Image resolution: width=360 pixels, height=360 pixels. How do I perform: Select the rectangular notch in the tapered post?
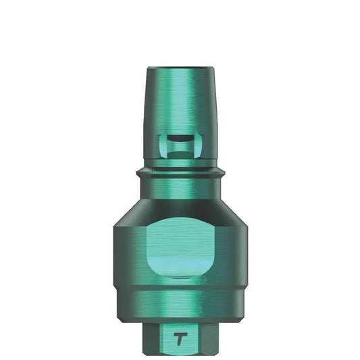tap(180, 143)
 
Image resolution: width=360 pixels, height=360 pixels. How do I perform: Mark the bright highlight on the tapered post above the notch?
tap(177, 101)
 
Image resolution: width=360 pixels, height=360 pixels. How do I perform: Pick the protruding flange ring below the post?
tap(180, 172)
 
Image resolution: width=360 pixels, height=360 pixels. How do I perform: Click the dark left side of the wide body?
tap(125, 257)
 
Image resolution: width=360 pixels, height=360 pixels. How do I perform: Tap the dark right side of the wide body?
tap(236, 257)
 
